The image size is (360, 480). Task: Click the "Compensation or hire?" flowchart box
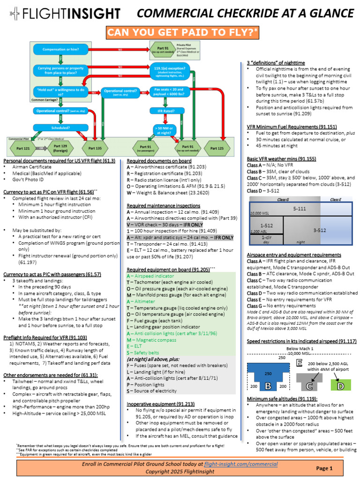(60, 49)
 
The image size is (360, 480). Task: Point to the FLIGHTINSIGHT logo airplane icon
(15, 14)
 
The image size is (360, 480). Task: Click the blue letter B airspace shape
(268, 386)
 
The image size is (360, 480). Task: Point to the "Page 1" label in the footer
(324, 468)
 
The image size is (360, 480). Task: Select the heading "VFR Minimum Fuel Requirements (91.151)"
(292, 127)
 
